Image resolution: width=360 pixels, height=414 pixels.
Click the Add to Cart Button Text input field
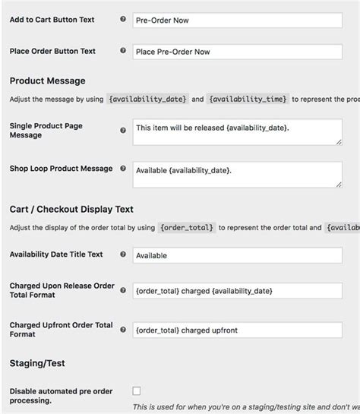pyautogui.click(x=236, y=20)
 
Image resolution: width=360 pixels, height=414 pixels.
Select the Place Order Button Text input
pyautogui.click(x=236, y=52)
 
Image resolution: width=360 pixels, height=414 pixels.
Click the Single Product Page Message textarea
pyautogui.click(x=236, y=131)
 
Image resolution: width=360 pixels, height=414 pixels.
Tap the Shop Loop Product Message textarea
pyautogui.click(x=236, y=174)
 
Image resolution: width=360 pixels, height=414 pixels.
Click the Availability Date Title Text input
pyautogui.click(x=236, y=255)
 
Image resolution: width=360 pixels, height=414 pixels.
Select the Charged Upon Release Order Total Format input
pyautogui.click(x=236, y=291)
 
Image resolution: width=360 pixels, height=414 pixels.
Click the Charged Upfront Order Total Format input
pyautogui.click(x=236, y=330)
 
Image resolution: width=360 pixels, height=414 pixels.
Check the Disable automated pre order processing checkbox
pyautogui.click(x=137, y=390)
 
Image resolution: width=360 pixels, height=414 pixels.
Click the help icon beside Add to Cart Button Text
pyautogui.click(x=123, y=19)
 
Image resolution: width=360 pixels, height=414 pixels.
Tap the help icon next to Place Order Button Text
pyautogui.click(x=123, y=51)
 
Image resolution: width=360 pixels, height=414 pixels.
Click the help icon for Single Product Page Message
pyautogui.click(x=123, y=130)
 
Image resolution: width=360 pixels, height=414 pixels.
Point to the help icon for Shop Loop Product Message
pyautogui.click(x=123, y=169)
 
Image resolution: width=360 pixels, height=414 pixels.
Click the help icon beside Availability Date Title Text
pyautogui.click(x=123, y=254)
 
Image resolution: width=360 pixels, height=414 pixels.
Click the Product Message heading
pyautogui.click(x=47, y=81)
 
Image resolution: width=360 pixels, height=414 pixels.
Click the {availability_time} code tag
pyautogui.click(x=247, y=99)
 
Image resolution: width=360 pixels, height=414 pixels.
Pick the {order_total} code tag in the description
pyautogui.click(x=188, y=227)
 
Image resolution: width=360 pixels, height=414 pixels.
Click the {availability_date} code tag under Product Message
pyautogui.click(x=148, y=99)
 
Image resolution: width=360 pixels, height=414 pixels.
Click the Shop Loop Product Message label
pyautogui.click(x=61, y=169)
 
